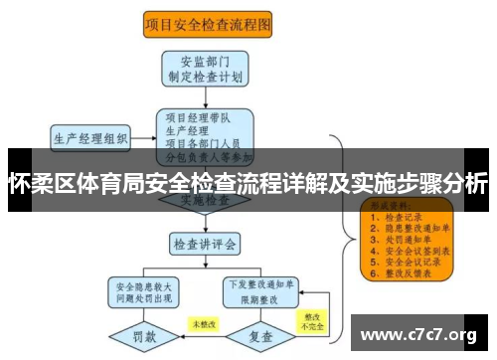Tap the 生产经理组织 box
[x=89, y=136]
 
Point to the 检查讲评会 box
[x=206, y=242]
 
